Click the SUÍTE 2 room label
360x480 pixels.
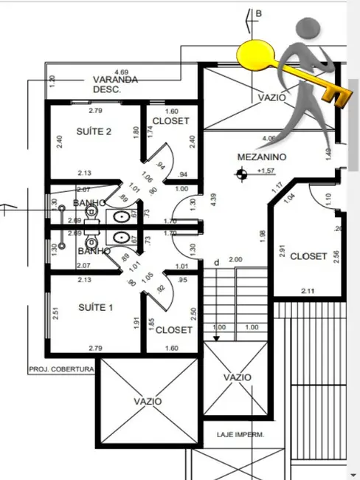94,132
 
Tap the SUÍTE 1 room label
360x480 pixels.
94,307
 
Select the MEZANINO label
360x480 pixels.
262,157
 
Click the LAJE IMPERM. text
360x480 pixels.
239,434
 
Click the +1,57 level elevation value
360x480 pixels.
266,171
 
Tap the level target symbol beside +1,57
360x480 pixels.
240,174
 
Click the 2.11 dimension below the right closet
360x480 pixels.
307,292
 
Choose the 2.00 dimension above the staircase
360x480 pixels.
235,259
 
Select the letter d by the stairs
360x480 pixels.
216,262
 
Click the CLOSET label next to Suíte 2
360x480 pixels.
170,121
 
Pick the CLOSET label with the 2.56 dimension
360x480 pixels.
308,256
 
